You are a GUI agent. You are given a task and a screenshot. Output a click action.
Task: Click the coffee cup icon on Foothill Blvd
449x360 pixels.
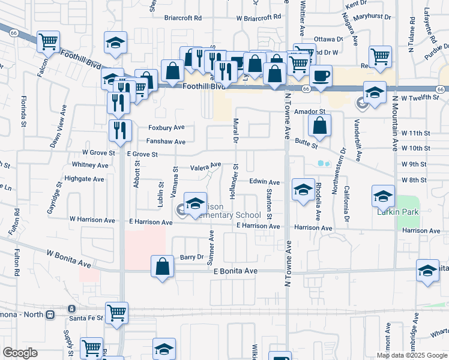321,76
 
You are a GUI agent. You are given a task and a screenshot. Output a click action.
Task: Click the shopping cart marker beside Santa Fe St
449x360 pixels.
116,312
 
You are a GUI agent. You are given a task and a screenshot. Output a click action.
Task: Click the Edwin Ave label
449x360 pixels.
265,182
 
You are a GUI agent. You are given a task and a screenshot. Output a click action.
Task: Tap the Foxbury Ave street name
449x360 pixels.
166,128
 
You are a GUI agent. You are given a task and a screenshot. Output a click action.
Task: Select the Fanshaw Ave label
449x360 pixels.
166,142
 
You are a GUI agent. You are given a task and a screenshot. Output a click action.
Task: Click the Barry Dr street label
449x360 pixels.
192,257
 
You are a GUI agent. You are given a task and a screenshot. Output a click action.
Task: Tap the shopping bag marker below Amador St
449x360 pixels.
320,125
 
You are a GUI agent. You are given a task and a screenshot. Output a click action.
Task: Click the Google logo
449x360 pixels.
20,352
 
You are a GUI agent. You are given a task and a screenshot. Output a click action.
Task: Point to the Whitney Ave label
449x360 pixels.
89,164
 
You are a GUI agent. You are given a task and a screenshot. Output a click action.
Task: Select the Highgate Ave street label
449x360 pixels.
85,179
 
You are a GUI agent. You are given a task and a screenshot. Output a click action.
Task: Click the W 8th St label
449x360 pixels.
414,180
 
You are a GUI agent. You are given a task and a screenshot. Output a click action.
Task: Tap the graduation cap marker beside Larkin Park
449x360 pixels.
384,195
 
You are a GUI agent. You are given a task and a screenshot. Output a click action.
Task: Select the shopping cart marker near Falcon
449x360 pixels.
48,42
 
